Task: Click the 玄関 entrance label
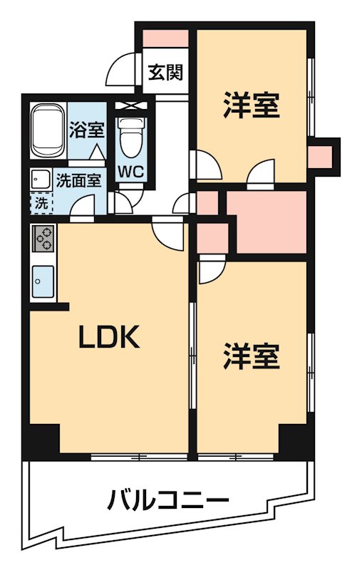[x=166, y=73]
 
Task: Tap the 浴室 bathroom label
[x=87, y=130]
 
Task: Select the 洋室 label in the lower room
[x=250, y=356]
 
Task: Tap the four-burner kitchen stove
[x=43, y=237]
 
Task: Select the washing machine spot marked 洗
[x=41, y=203]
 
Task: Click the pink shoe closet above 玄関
[x=165, y=38]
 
